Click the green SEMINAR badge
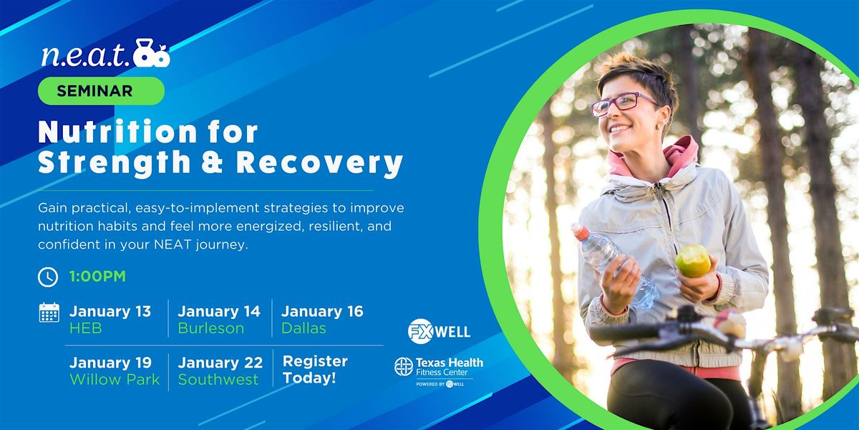point(101,91)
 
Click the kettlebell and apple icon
point(152,53)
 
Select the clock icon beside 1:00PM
point(48,277)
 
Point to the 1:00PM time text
point(97,277)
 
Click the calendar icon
point(49,312)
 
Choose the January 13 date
point(110,311)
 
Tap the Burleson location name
point(211,328)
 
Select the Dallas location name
point(304,328)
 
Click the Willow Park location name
point(115,379)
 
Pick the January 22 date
point(220,363)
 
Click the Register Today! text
point(315,369)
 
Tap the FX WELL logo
point(439,331)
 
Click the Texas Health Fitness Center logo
point(439,371)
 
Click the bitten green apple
point(693,261)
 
